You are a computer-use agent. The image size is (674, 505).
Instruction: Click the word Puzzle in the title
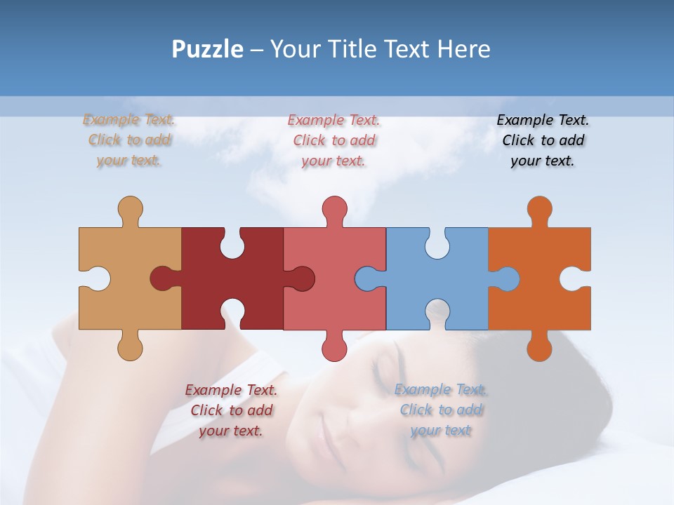(x=208, y=50)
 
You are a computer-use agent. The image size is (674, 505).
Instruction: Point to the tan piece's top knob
(x=130, y=210)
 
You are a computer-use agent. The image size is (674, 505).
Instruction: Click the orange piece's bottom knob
(x=539, y=347)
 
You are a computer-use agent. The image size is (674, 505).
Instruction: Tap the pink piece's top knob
(x=334, y=210)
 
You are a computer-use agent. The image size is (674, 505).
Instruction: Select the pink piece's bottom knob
(x=334, y=347)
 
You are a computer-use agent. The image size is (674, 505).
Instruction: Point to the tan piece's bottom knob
(x=130, y=347)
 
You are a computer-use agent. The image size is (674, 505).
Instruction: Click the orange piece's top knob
(x=539, y=210)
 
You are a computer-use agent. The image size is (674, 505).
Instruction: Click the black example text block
(x=543, y=140)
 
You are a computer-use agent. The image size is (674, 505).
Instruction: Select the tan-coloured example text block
(x=129, y=140)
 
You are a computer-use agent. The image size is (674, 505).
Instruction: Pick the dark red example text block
(x=231, y=410)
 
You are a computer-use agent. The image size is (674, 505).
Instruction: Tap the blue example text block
(x=441, y=410)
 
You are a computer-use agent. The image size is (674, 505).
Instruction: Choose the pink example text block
(x=334, y=140)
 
